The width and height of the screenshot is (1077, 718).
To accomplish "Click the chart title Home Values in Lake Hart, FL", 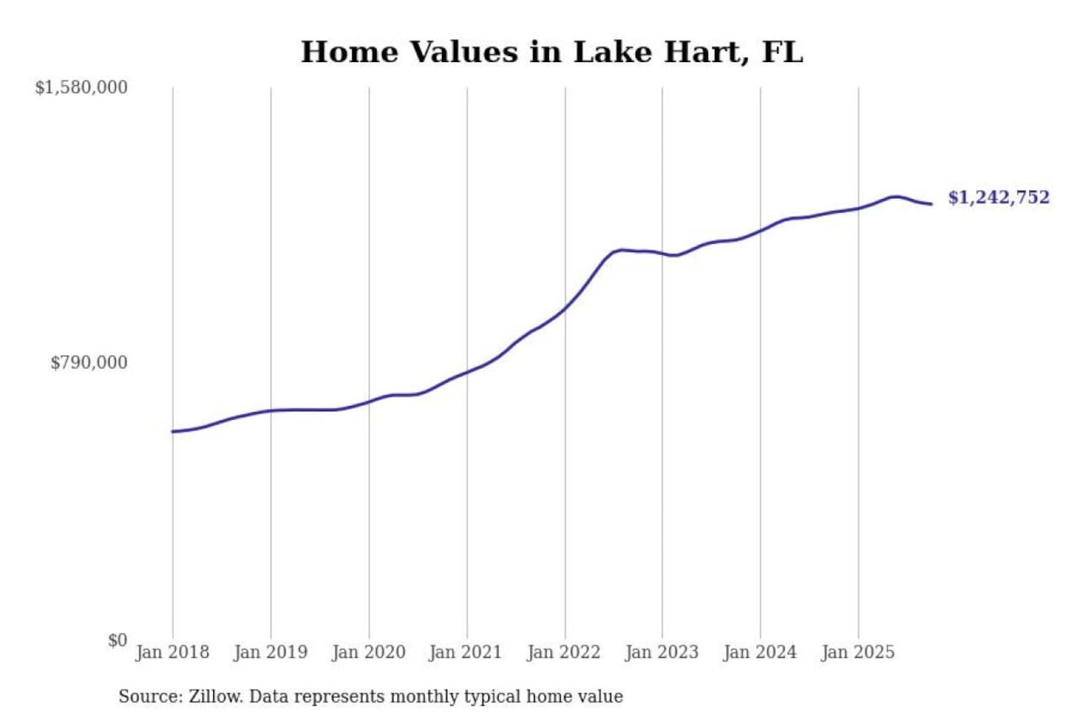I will (552, 52).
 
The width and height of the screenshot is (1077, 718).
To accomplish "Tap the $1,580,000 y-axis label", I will (82, 88).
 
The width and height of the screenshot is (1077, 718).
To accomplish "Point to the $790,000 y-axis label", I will (89, 363).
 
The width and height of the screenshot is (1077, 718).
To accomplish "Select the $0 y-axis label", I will (117, 640).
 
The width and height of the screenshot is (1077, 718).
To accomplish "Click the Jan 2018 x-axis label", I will (172, 652).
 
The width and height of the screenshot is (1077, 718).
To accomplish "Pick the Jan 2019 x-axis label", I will (270, 652).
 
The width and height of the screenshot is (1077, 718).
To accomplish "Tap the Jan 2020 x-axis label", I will (368, 652).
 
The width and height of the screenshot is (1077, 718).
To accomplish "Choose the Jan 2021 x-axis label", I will (465, 652).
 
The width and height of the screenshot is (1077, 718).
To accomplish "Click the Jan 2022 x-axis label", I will (563, 652).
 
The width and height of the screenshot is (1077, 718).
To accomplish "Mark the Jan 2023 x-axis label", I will (661, 652).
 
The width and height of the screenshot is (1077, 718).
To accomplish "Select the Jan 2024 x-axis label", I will (759, 652).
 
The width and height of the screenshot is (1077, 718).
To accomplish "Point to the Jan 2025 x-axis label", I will (857, 652).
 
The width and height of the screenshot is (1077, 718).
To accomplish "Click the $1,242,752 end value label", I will (998, 197).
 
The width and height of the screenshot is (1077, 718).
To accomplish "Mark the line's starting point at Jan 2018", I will (173, 432).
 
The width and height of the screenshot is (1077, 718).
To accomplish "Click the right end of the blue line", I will (931, 203).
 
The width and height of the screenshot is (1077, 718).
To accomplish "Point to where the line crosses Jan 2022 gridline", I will (565, 307).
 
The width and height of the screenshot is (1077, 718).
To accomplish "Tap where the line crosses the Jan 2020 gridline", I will (369, 402).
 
